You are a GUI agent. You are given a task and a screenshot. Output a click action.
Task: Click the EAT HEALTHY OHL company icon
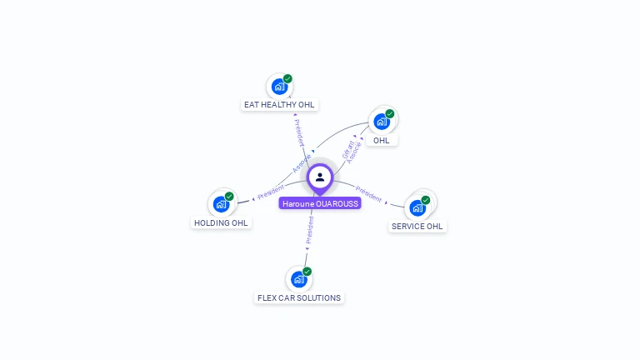(279, 86)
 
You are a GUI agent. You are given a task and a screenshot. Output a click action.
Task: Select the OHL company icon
(382, 121)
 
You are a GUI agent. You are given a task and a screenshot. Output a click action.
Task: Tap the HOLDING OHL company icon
(221, 204)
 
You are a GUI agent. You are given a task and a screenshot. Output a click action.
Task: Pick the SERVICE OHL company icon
(417, 207)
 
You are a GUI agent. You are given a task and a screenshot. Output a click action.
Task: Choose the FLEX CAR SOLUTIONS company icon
(298, 279)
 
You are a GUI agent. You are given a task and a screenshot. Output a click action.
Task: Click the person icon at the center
(320, 177)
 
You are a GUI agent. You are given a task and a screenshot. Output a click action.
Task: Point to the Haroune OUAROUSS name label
(320, 203)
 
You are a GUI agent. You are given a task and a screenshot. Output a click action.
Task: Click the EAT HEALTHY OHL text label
(279, 105)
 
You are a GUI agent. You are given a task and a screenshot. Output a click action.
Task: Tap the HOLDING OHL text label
(221, 223)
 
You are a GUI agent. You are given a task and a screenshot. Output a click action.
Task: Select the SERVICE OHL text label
(417, 226)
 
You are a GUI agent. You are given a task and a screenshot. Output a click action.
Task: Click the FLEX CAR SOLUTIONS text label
(299, 297)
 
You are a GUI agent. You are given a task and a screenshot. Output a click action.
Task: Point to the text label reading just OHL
(381, 140)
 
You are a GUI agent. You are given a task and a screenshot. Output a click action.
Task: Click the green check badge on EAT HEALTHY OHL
(287, 78)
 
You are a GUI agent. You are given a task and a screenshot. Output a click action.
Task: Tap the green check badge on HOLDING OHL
(229, 197)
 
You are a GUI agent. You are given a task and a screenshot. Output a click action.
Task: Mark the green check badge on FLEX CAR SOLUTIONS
(307, 272)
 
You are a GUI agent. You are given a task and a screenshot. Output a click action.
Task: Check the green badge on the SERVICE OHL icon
(426, 200)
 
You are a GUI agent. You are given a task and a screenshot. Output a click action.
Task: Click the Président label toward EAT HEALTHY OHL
(297, 132)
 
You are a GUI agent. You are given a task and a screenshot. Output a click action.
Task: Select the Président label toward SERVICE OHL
(368, 195)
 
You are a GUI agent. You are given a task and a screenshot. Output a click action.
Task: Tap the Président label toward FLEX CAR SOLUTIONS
(309, 231)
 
